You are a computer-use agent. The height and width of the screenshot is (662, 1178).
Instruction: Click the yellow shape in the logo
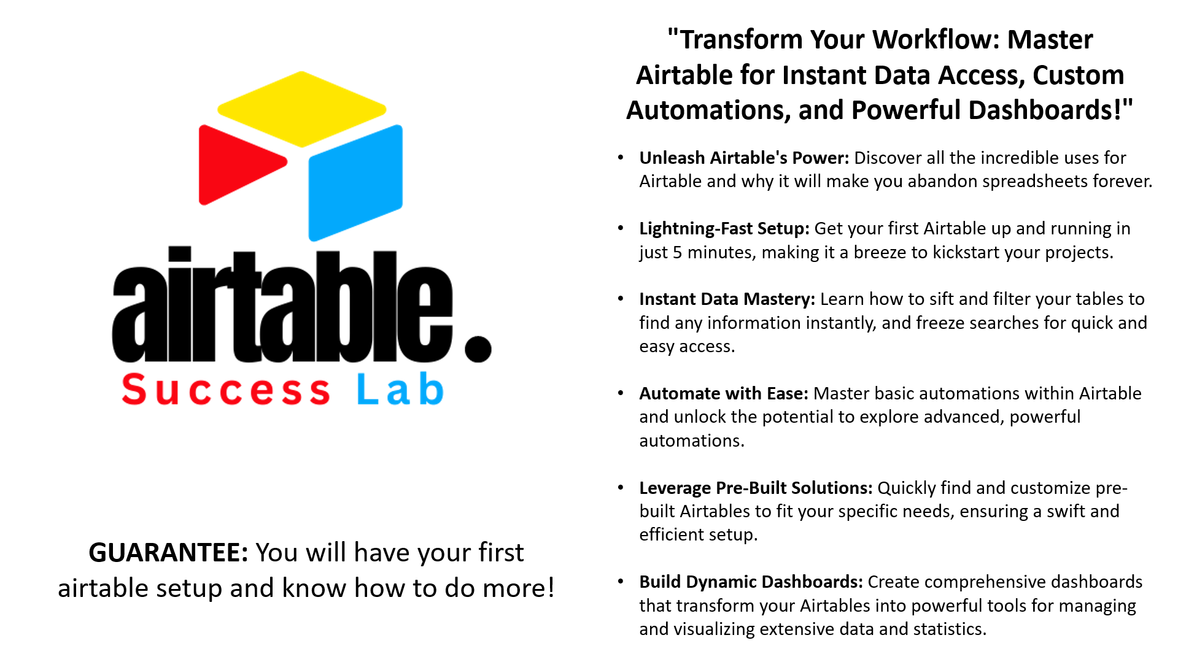301,109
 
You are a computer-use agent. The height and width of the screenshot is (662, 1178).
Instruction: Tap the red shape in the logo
239,164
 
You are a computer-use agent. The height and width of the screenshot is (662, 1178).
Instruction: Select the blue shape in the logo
355,183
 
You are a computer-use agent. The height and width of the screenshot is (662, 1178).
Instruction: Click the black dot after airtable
478,348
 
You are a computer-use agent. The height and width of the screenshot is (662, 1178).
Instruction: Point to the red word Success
226,390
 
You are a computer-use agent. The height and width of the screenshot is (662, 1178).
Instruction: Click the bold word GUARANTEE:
168,552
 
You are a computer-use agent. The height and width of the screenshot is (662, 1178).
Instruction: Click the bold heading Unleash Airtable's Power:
744,158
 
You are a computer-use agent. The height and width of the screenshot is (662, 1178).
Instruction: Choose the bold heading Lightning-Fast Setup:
724,229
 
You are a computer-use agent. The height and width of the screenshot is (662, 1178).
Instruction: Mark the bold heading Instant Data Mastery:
727,299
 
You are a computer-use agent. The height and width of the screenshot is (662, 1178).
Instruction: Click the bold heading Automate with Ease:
724,393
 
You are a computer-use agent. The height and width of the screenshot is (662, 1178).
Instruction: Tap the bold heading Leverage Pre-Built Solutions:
756,488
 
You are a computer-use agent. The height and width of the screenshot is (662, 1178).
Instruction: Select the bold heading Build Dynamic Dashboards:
751,582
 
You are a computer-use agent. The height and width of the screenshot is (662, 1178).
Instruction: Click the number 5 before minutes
677,253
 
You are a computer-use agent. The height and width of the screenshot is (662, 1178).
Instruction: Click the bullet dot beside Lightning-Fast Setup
621,228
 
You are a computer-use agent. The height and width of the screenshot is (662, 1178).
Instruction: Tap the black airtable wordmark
282,304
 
